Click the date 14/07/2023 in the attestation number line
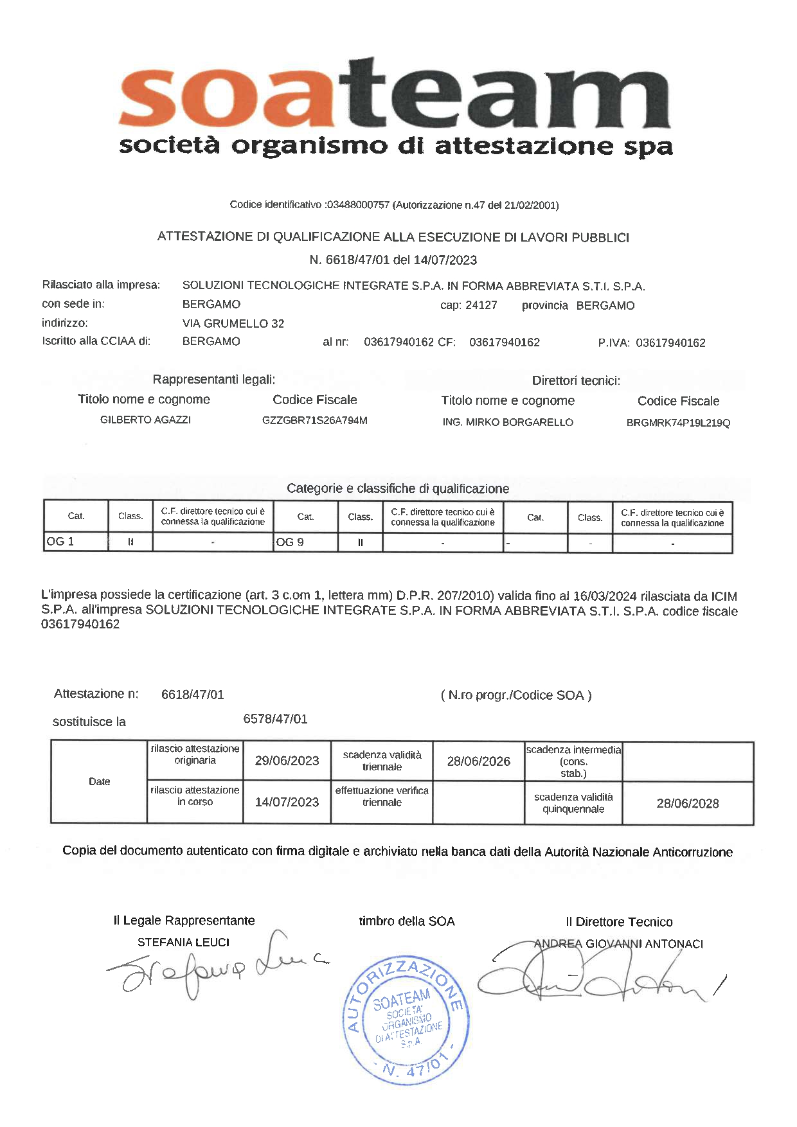coord(445,260)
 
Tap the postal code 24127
coord(481,305)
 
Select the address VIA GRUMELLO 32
coord(233,323)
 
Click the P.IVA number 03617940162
coord(670,343)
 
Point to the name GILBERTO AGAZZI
coord(145,420)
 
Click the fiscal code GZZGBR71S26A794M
coord(314,421)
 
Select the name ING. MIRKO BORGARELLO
coord(508,422)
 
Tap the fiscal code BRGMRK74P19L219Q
coord(678,423)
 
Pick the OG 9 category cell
coord(305,542)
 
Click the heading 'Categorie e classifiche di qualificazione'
coord(398,488)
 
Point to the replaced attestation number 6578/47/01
coord(275,719)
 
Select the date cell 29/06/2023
coord(287,761)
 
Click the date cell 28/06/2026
coord(478,761)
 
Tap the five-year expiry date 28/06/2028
coord(687,803)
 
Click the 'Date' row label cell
coord(99,781)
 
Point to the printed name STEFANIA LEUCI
coord(183,942)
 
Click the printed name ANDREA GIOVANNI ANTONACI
coord(618,944)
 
